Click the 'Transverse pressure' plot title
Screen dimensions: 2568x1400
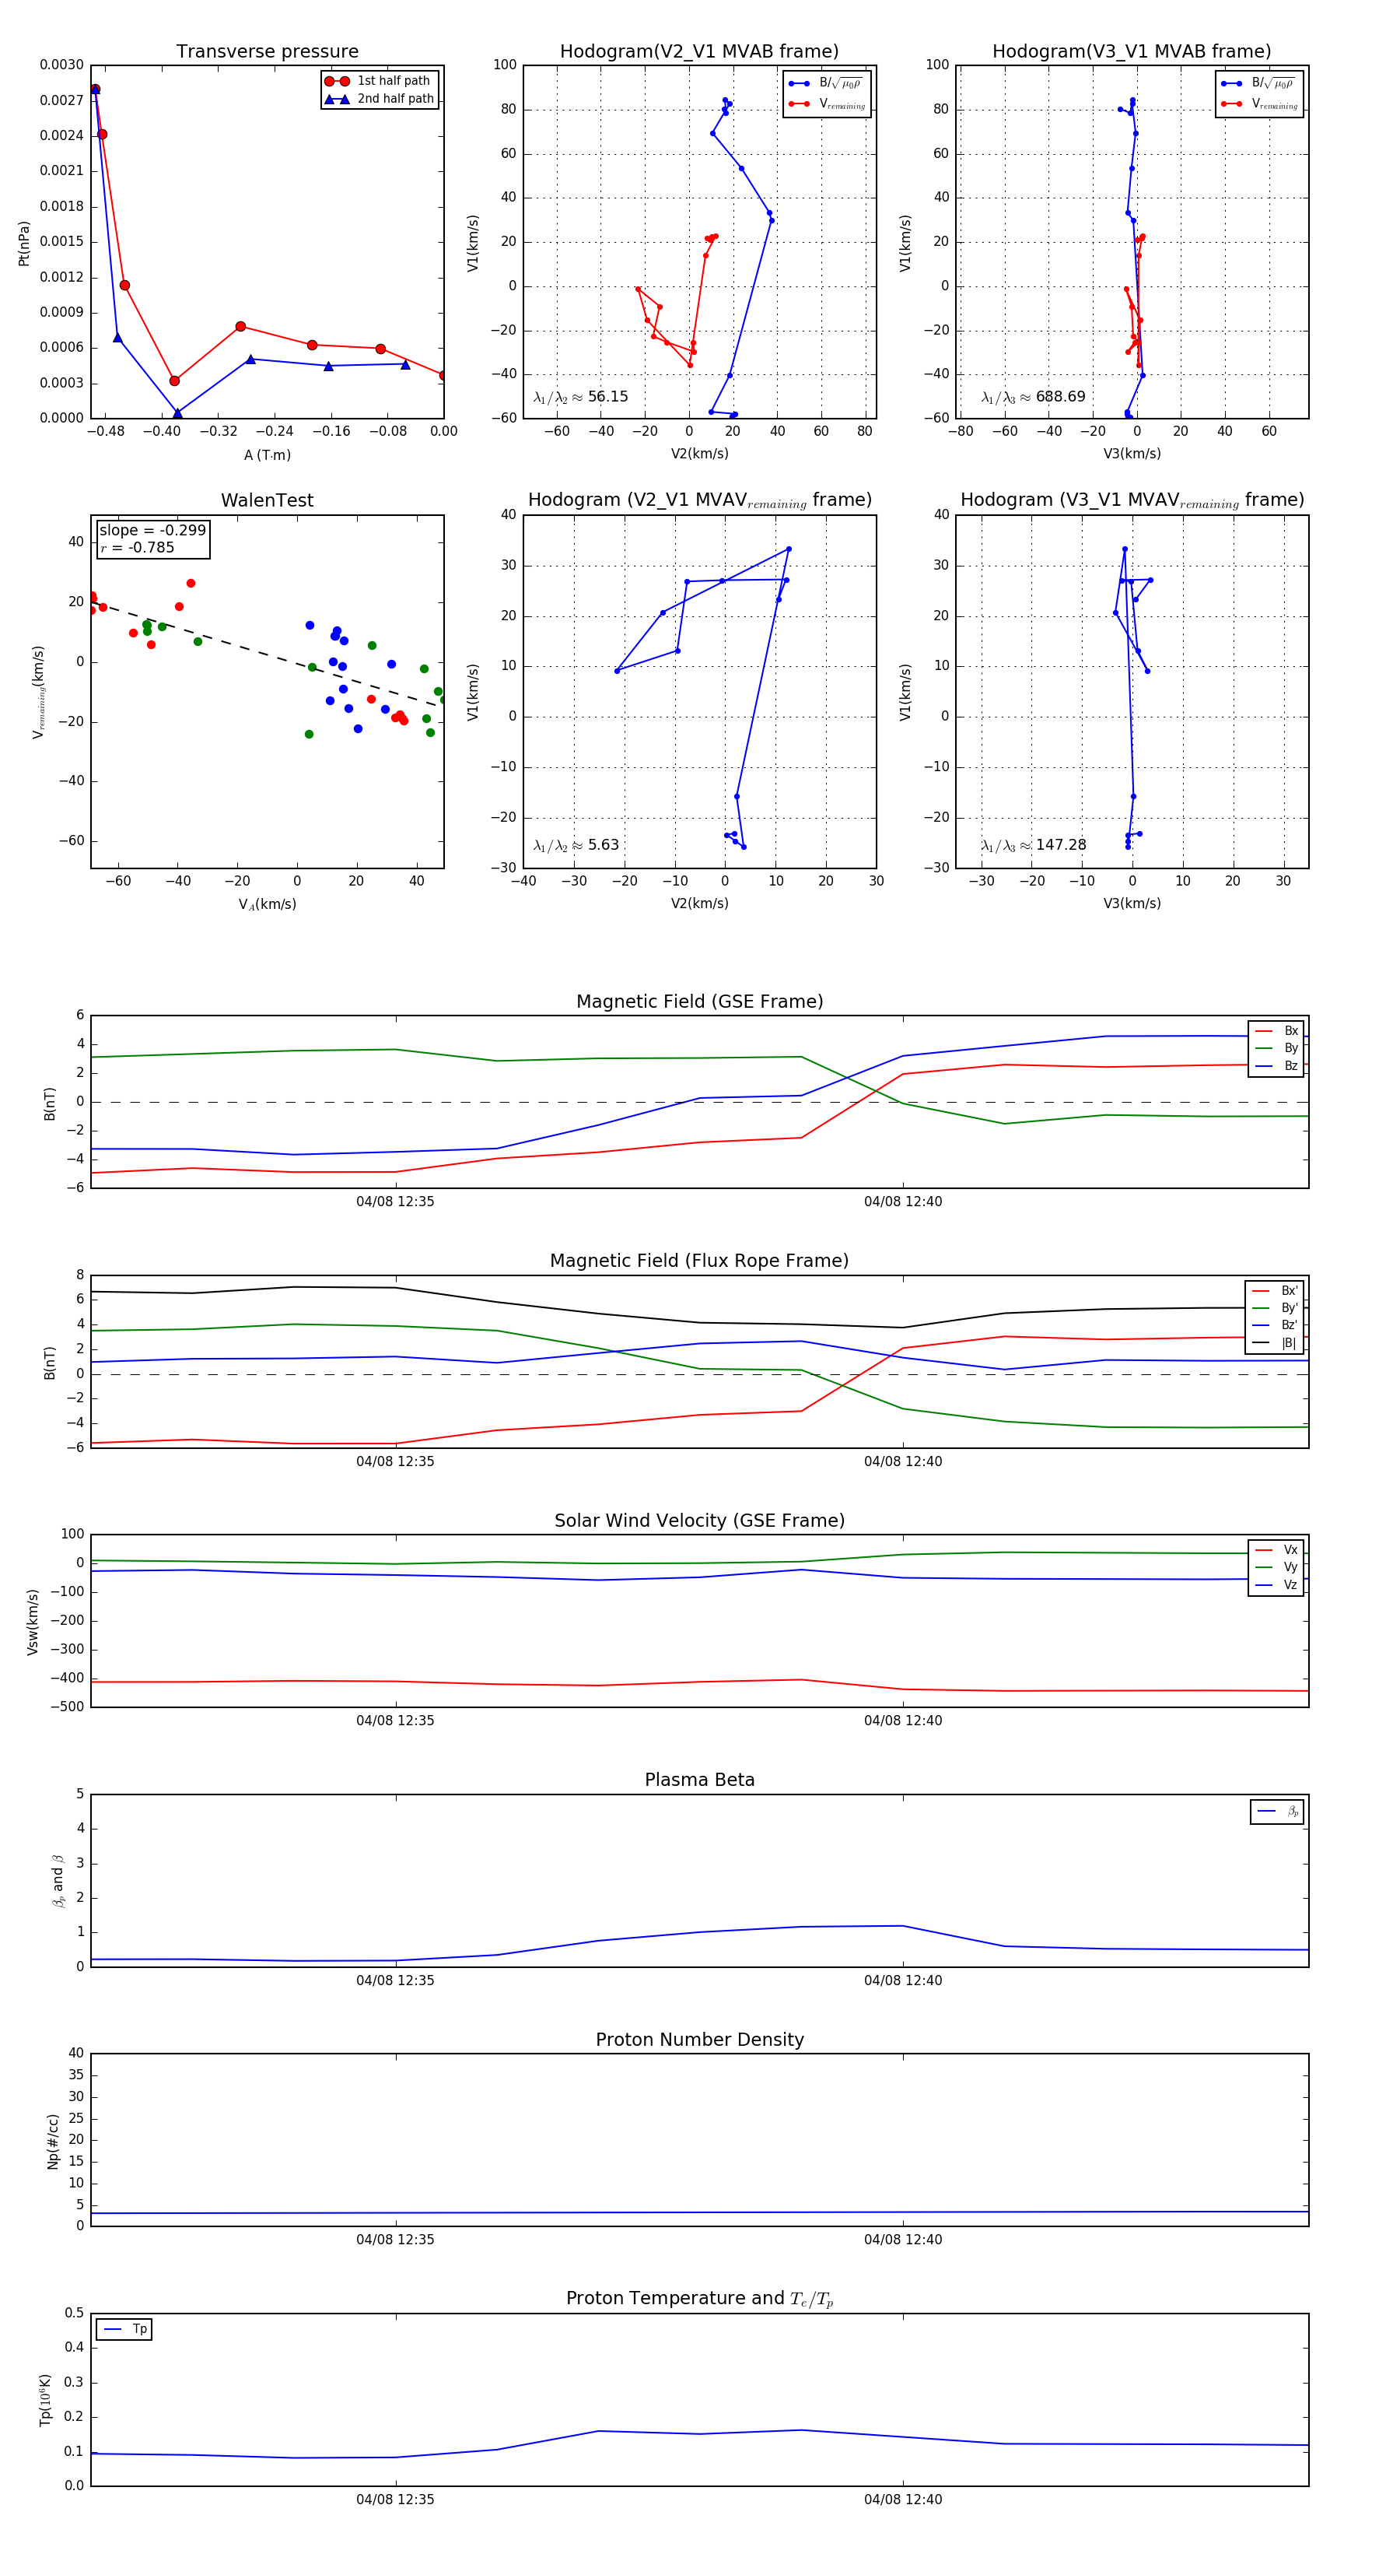click(x=267, y=52)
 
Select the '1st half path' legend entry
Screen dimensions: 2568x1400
click(x=393, y=81)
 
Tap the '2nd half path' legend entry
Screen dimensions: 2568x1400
click(x=394, y=99)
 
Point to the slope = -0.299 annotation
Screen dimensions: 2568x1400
click(x=152, y=531)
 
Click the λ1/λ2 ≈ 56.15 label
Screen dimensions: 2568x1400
click(x=580, y=397)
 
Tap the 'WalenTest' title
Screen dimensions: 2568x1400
click(x=267, y=500)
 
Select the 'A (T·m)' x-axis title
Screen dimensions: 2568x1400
click(x=267, y=455)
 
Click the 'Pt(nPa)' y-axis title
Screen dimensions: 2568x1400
click(x=24, y=244)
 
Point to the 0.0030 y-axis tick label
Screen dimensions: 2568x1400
click(x=61, y=65)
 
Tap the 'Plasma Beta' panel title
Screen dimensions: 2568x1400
click(x=699, y=1780)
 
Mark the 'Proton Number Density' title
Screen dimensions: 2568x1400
click(x=699, y=2040)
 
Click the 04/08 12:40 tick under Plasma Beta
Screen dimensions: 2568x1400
click(x=903, y=1980)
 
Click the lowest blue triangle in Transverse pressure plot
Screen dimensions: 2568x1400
click(x=177, y=412)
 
